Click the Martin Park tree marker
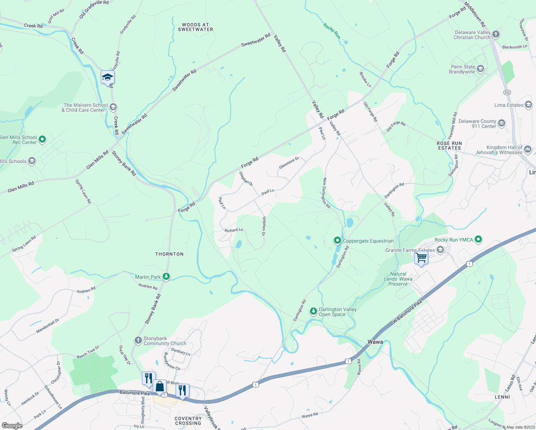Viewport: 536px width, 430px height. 166,277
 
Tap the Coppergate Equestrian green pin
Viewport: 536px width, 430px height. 337,240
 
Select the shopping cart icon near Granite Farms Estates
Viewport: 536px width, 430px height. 421,257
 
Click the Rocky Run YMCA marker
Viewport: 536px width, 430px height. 478,239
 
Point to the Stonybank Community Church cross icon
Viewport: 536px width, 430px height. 138,340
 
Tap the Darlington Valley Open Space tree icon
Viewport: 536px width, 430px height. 314,311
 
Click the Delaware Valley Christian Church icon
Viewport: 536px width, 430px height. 496,34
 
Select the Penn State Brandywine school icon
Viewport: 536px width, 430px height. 480,68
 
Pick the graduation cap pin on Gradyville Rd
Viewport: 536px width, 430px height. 107,77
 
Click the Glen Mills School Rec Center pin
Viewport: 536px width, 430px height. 42,139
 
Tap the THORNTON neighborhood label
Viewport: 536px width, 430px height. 169,254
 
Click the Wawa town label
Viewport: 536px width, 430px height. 375,342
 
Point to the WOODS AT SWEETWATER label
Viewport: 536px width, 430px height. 196,27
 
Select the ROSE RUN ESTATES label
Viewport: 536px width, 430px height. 449,145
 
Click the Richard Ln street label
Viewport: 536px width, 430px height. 234,230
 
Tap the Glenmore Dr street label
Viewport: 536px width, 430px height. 289,163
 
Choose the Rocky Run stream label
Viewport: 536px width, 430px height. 332,31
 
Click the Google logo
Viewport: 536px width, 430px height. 12,425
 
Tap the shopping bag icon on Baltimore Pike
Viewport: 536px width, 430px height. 160,387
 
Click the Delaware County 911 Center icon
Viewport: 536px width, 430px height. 501,123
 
